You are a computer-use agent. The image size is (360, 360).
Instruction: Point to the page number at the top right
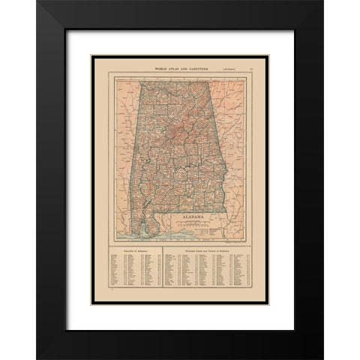pos(251,69)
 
